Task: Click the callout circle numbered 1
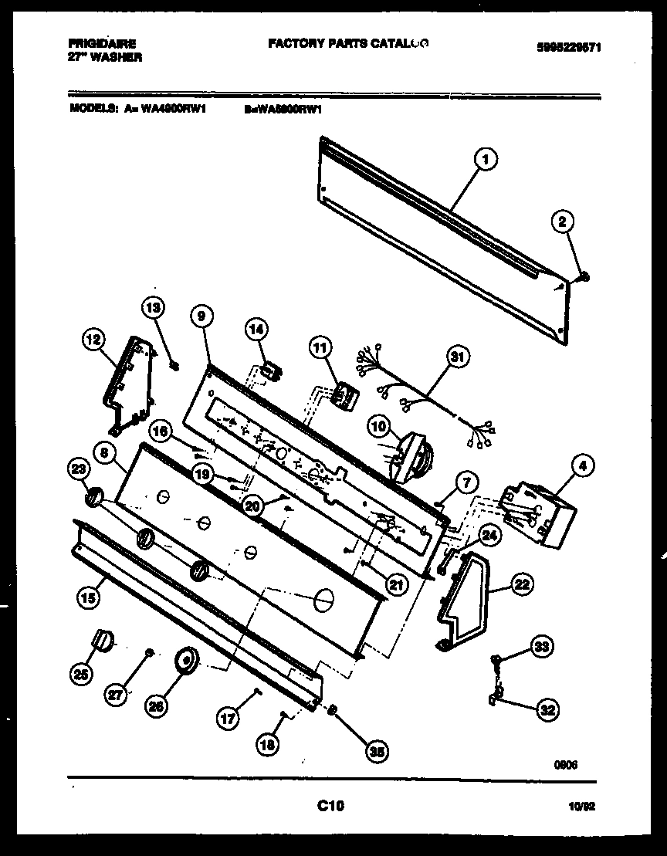[x=484, y=161]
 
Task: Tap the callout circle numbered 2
[x=562, y=222]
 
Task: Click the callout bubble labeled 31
[x=459, y=357]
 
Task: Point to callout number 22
[x=522, y=585]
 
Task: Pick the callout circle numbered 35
[x=378, y=753]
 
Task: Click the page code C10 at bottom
[x=330, y=807]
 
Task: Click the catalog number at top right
[x=568, y=48]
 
